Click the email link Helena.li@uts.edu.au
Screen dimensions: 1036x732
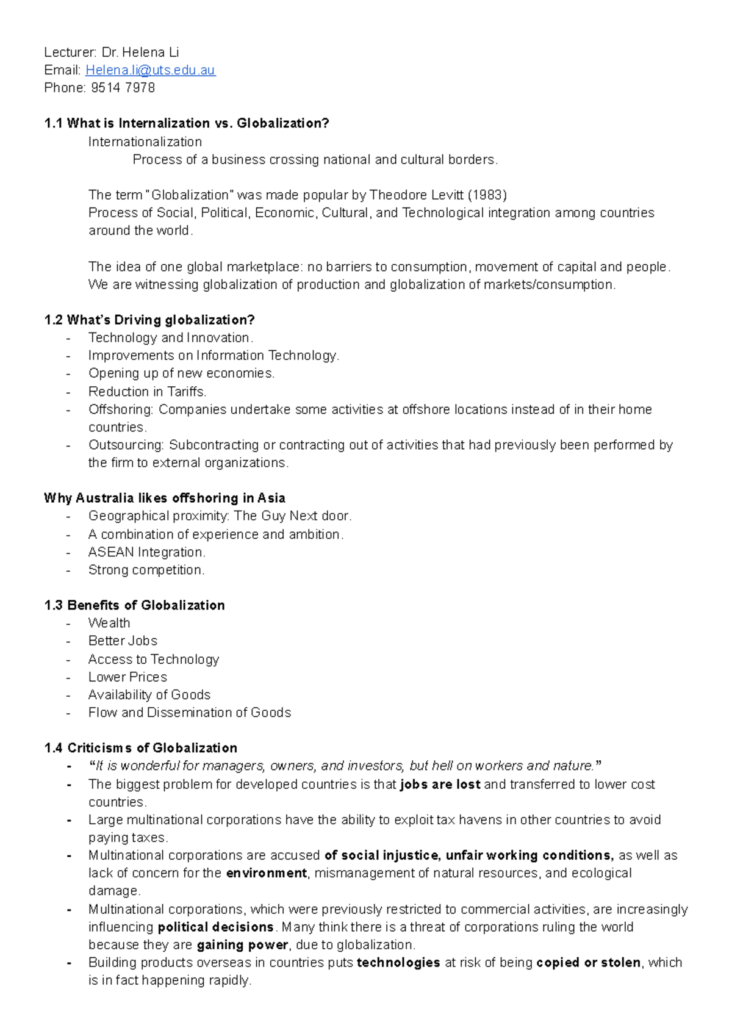click(x=150, y=70)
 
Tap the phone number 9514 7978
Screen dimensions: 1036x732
click(x=123, y=88)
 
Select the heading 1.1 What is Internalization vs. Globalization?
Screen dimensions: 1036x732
click(x=187, y=123)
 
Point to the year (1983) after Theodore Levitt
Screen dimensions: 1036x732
click(x=487, y=195)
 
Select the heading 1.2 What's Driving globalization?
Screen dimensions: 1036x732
click(x=149, y=320)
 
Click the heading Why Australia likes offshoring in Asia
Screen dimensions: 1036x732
click(x=165, y=498)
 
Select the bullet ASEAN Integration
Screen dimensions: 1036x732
click(x=146, y=552)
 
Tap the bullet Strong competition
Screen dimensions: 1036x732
click(x=146, y=570)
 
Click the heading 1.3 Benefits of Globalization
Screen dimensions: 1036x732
click(x=135, y=605)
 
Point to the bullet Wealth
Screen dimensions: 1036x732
click(x=109, y=623)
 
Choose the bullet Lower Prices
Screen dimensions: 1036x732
click(x=127, y=677)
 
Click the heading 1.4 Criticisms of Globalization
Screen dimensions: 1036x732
click(x=141, y=748)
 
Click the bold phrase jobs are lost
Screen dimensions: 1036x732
click(x=440, y=785)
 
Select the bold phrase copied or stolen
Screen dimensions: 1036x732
click(x=588, y=963)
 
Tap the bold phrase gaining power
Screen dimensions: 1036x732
click(x=242, y=945)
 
